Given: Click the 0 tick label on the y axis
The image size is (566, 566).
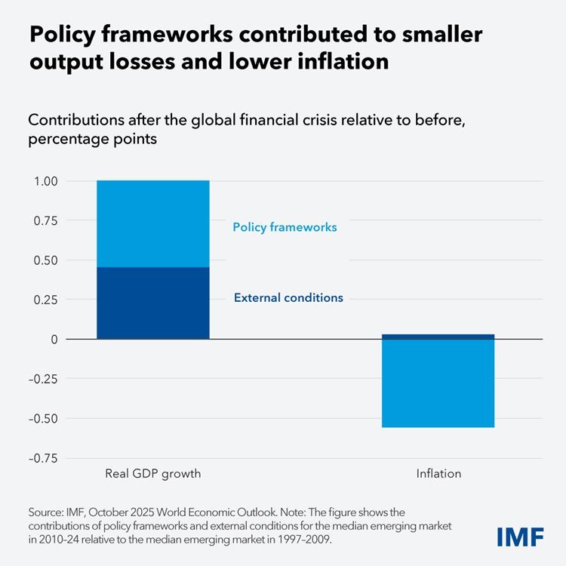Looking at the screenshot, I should click(x=53, y=340).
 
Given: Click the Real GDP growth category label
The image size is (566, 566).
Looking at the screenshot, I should click(x=153, y=475).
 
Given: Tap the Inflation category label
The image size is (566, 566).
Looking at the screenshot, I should click(x=438, y=475).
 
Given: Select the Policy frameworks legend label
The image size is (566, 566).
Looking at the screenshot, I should click(x=285, y=227).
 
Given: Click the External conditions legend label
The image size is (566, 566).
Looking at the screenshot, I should click(x=288, y=298).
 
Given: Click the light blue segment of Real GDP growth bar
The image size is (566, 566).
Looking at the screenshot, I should click(x=153, y=224).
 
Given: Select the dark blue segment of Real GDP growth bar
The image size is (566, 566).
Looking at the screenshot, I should click(x=153, y=303).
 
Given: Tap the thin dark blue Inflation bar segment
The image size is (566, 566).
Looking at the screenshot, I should click(x=438, y=337).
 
